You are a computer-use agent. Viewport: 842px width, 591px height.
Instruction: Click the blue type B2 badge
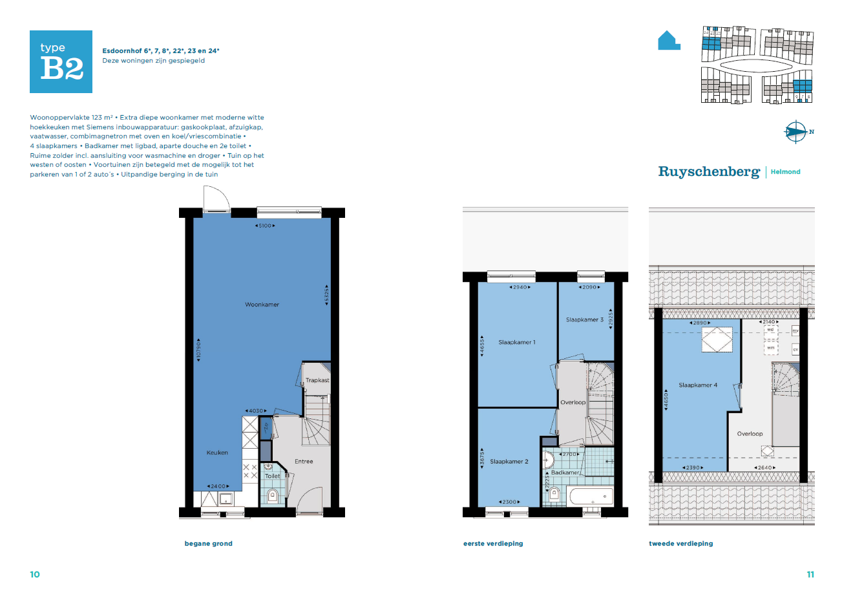[x=61, y=61]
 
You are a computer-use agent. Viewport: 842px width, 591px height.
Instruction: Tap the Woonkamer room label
[x=262, y=305]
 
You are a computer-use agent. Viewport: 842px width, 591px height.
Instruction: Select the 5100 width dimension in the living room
[x=265, y=226]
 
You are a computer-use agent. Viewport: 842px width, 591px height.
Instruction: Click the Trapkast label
[x=317, y=380]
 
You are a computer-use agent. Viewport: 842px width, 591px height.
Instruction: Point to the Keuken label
[x=217, y=453]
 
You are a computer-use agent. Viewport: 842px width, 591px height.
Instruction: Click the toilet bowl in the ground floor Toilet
[x=273, y=496]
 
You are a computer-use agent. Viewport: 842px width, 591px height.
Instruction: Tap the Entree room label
[x=304, y=461]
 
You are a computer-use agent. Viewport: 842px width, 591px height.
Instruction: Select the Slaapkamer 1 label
[x=517, y=342]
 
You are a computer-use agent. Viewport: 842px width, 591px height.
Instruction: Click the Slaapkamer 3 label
[x=585, y=319]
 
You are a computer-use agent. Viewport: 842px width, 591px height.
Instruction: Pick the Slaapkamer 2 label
[x=509, y=461]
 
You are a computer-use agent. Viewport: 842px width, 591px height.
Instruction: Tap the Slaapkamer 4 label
[x=698, y=385]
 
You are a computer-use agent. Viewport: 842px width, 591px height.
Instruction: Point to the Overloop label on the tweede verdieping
[x=750, y=434]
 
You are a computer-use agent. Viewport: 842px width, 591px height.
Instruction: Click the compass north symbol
[x=797, y=132]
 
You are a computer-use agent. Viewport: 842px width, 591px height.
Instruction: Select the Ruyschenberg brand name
[x=709, y=171]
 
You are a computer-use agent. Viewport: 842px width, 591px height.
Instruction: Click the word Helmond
[x=786, y=172]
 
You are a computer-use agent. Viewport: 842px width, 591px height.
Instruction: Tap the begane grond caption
[x=208, y=544]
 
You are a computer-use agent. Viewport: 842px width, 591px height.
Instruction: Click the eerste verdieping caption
[x=493, y=544]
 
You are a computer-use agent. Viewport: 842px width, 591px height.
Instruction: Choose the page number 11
[x=810, y=574]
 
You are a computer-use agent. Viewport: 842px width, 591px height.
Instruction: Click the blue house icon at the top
[x=668, y=40]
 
